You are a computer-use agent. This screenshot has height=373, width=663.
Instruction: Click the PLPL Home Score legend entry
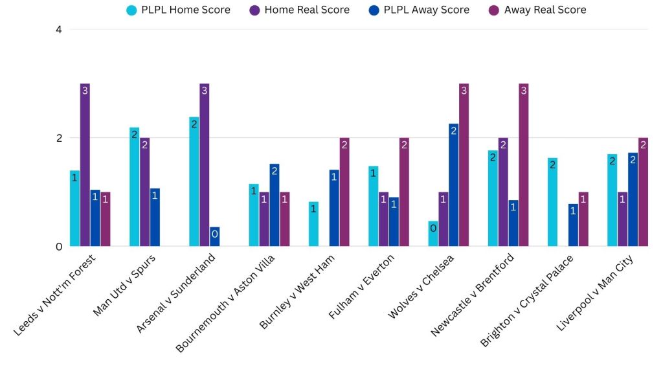tap(179, 10)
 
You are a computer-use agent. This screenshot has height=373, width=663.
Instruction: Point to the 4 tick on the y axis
tap(58, 29)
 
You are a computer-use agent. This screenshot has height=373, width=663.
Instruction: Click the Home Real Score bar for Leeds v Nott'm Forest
tap(85, 165)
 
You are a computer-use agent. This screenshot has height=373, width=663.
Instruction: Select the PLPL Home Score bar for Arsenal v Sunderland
tap(194, 181)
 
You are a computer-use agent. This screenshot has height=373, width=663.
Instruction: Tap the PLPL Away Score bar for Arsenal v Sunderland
tap(214, 237)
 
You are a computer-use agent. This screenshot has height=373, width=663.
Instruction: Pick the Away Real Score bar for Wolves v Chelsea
tap(464, 165)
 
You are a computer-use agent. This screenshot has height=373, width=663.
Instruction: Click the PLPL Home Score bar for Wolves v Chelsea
tap(433, 234)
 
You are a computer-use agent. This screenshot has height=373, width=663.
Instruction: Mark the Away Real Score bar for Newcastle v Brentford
tap(523, 165)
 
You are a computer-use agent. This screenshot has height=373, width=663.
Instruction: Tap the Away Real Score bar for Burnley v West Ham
tap(344, 192)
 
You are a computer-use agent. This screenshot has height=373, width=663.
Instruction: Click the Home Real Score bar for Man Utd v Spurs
tap(144, 192)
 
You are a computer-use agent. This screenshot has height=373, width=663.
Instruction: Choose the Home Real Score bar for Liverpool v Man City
tap(622, 220)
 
